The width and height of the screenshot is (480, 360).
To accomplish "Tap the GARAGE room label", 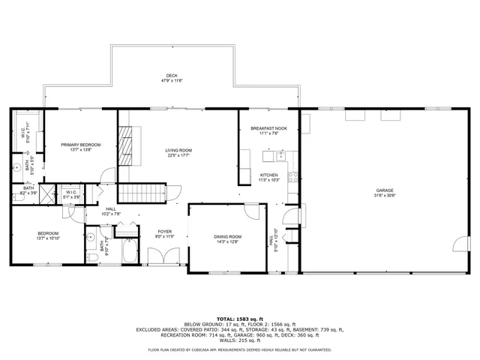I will click(x=385, y=190).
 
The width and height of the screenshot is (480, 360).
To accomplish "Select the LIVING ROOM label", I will click(x=178, y=151).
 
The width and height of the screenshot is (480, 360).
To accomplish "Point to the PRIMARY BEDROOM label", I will click(x=80, y=144).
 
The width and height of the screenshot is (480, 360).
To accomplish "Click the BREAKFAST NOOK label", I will click(x=268, y=129).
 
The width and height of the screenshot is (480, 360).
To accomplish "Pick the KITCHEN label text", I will click(x=268, y=175).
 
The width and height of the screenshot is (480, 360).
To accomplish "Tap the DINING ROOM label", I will click(x=227, y=236).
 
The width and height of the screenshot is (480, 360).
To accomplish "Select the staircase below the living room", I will click(x=142, y=192).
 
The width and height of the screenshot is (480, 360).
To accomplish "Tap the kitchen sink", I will click(x=282, y=156).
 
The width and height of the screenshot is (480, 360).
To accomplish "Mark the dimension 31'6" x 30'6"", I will click(x=385, y=196).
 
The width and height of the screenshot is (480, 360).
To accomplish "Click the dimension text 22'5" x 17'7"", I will click(x=178, y=156).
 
